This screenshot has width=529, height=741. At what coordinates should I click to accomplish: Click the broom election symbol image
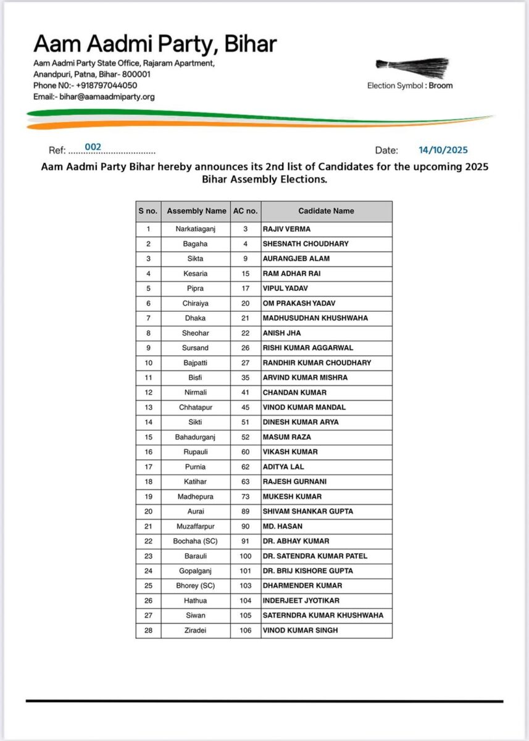(x=412, y=67)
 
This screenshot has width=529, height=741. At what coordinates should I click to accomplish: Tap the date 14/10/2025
(x=443, y=150)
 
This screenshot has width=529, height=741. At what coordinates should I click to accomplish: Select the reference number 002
(x=93, y=147)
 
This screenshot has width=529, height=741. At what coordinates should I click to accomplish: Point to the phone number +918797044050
(x=107, y=86)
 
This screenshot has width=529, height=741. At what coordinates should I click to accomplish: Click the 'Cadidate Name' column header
(x=326, y=211)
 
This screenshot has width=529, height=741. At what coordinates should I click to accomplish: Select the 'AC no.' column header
(x=245, y=211)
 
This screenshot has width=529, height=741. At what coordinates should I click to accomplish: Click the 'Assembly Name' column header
(x=196, y=211)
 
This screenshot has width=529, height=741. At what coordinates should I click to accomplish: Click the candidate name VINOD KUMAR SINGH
(x=300, y=630)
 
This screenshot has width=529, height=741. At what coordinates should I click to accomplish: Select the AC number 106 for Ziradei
(x=245, y=630)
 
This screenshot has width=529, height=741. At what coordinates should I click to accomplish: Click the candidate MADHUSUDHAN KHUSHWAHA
(x=315, y=318)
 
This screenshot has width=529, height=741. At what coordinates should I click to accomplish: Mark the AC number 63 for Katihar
(x=245, y=482)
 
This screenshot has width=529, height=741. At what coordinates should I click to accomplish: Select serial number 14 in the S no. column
(x=148, y=422)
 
